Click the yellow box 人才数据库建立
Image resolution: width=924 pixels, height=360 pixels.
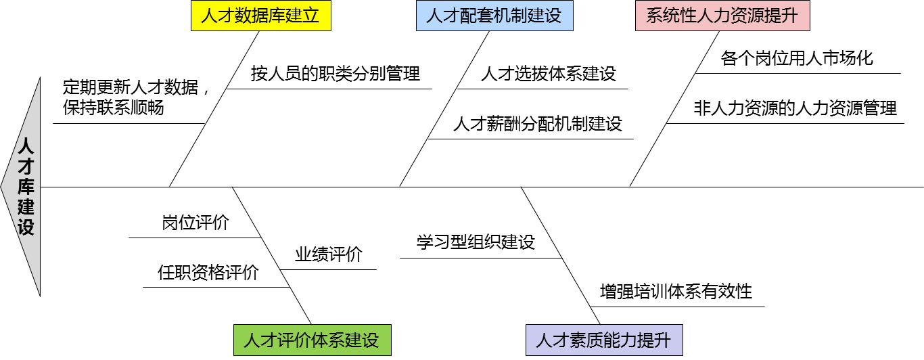[x=260, y=16]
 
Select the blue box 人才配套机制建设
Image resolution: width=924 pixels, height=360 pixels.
[x=494, y=16]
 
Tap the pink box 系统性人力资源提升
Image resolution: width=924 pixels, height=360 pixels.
[x=722, y=16]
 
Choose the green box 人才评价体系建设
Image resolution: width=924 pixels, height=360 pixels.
[x=312, y=340]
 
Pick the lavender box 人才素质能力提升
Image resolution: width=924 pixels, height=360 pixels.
[x=604, y=340]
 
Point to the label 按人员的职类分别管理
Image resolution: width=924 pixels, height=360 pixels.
[x=336, y=73]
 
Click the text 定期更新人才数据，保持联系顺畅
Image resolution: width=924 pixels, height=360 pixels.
[x=135, y=97]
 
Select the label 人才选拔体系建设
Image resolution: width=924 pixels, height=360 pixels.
[x=549, y=74]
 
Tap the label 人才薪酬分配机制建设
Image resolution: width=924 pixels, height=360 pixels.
[x=538, y=124]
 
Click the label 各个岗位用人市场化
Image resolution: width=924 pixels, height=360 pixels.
[x=797, y=58]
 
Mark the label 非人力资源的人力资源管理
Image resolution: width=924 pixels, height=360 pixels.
[x=795, y=108]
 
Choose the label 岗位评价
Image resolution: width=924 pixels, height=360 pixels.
[x=195, y=223]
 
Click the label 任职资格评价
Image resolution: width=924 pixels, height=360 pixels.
[x=208, y=273]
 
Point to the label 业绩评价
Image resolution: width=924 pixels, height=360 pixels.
[x=328, y=254]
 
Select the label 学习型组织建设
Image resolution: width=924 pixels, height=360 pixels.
[x=476, y=242]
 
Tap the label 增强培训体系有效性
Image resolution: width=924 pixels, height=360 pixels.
[x=676, y=292]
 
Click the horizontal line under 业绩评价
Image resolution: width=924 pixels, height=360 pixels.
[x=329, y=269]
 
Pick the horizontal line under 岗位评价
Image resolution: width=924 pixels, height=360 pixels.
[x=195, y=238]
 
